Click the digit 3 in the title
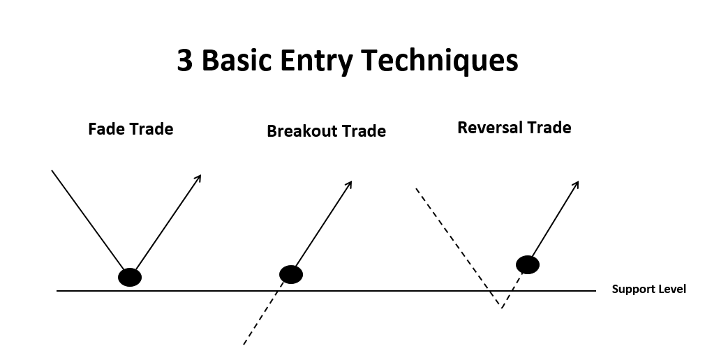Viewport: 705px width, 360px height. tap(184, 60)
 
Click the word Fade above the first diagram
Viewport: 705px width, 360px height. tap(107, 129)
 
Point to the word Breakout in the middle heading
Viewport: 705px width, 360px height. tap(302, 131)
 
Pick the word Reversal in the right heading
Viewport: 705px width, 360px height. tap(491, 128)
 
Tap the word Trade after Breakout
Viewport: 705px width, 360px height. tap(364, 131)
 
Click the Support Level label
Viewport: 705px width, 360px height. tap(648, 289)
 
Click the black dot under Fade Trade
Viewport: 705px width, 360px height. tap(130, 277)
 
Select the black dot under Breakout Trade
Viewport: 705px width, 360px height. tap(291, 275)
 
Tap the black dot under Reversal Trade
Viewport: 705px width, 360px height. tap(528, 264)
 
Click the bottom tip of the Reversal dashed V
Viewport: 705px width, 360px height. tap(502, 308)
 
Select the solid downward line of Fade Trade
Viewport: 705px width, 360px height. tap(88, 220)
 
